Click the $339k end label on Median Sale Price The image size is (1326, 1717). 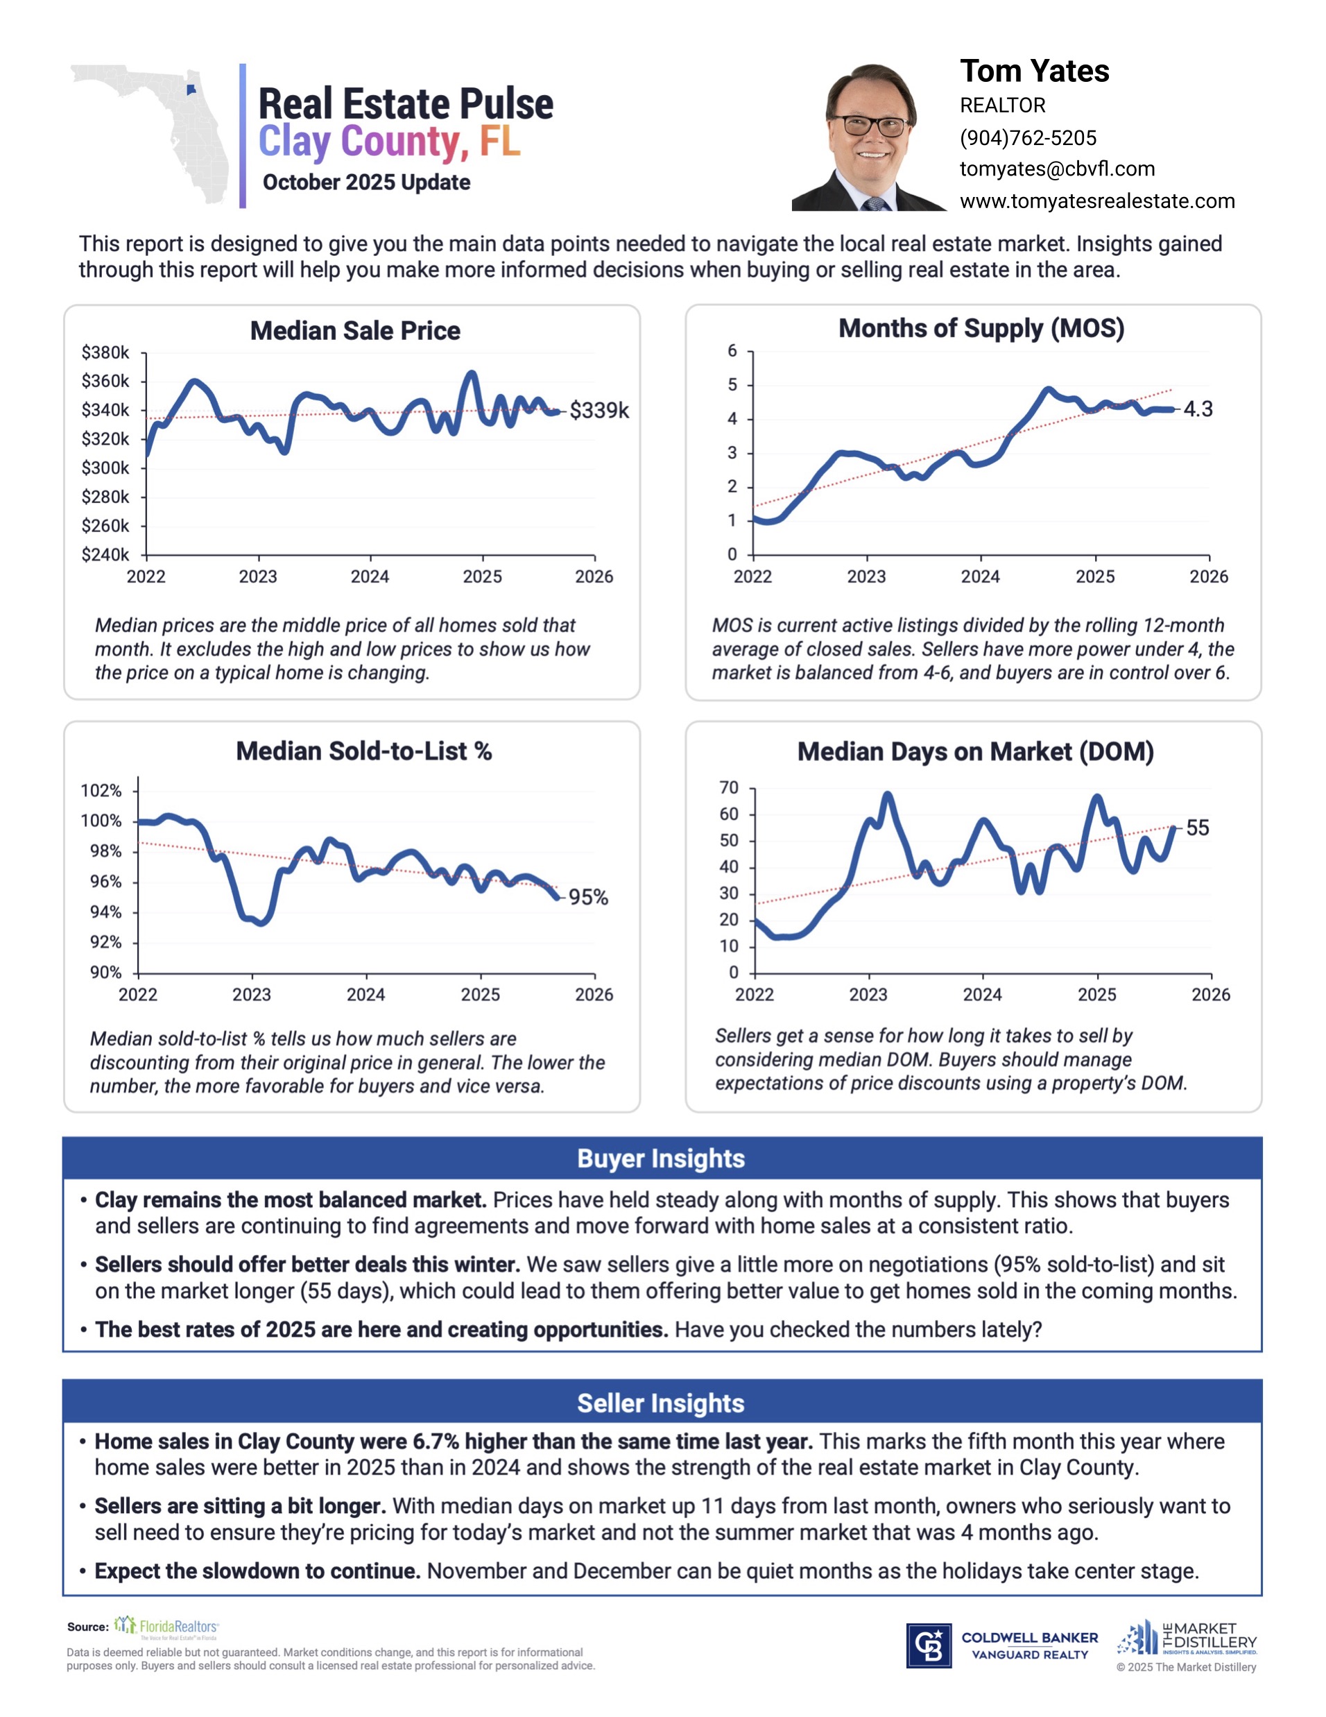599,411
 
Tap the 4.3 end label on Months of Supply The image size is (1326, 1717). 1198,409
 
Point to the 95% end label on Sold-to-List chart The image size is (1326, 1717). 588,897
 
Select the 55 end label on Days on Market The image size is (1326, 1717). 1197,828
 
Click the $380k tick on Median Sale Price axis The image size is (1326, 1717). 105,352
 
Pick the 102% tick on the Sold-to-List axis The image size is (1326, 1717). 101,790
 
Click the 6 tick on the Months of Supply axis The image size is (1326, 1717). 732,350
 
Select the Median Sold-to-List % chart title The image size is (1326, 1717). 364,751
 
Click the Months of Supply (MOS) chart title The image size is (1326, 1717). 981,329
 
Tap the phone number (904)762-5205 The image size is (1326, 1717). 1027,138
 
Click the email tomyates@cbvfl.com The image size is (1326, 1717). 1056,169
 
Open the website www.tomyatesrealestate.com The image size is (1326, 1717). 1096,201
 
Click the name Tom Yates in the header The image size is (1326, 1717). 1033,71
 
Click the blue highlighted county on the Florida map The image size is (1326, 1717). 191,89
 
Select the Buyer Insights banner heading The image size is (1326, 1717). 661,1159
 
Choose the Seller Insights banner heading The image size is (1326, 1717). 661,1403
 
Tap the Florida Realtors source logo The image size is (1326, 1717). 166,1626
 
